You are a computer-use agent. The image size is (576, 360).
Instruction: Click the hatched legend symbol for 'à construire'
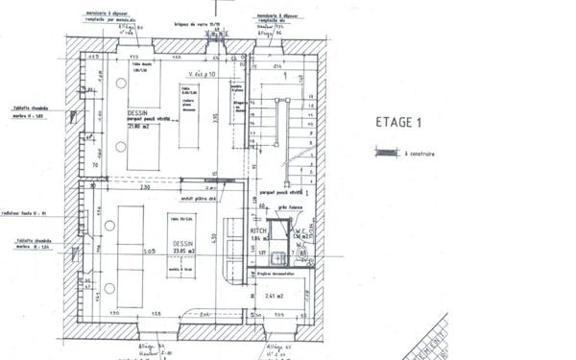point(387,151)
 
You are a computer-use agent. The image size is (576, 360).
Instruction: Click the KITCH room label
point(257,232)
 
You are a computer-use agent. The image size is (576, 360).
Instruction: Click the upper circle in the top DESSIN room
point(121,84)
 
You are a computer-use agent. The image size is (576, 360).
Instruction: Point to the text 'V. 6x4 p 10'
point(204,73)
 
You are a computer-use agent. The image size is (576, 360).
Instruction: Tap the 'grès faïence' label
point(290,207)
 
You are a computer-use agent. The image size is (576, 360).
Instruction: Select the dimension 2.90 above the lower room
point(145,186)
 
